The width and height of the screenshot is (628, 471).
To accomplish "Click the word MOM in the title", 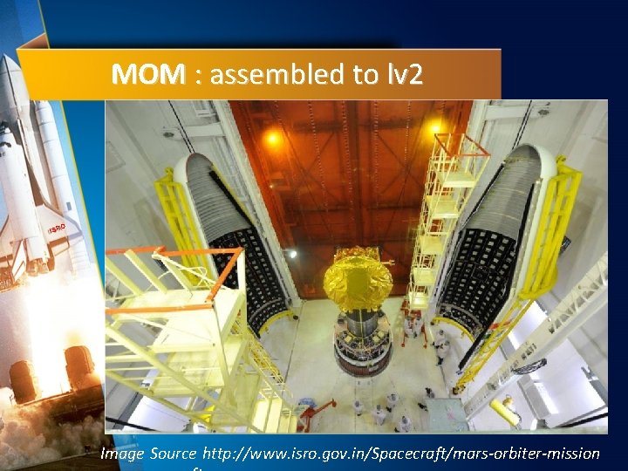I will point(147,75).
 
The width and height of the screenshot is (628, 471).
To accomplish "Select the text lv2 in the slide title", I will point(402,75).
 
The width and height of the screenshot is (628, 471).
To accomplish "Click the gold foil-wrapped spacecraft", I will point(358,278).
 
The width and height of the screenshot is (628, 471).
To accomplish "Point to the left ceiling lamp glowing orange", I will point(273,137).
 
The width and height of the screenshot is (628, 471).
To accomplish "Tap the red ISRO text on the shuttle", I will point(56,229).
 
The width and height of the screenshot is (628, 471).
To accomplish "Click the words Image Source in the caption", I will point(148,453).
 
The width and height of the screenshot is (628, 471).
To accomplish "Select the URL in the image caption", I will point(401,453).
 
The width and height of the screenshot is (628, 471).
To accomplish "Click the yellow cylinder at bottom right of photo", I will point(505,410).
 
